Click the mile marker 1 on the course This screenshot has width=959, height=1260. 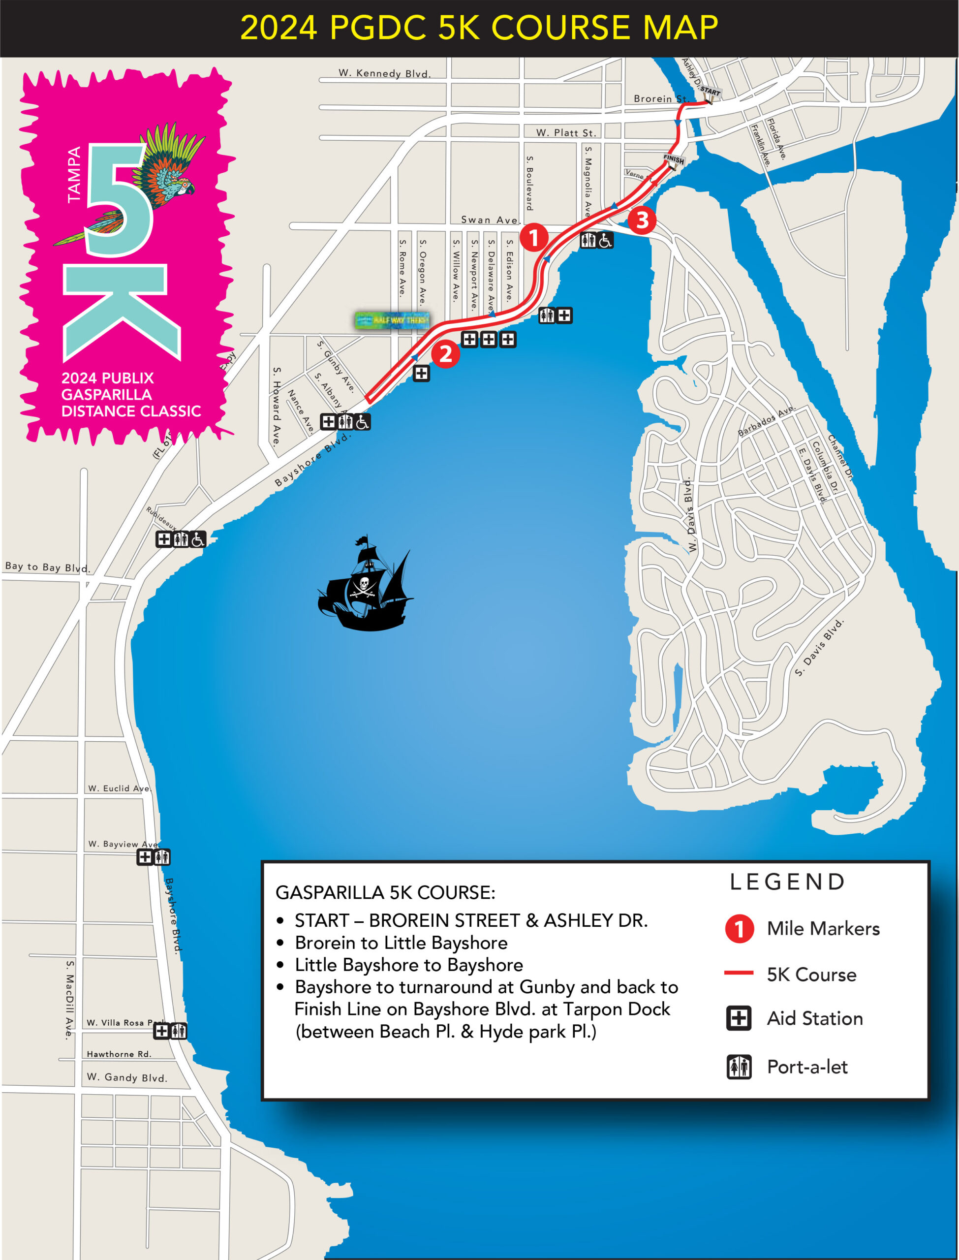coord(534,237)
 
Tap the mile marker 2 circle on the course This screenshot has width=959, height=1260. coord(445,354)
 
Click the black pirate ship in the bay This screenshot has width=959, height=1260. coord(365,588)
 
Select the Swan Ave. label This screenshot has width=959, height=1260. coord(489,220)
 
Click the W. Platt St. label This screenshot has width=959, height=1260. coord(566,133)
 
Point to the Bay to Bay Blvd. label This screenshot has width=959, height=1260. coord(47,567)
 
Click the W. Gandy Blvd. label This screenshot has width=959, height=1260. coord(127,1077)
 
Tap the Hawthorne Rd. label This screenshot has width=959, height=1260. coord(119,1054)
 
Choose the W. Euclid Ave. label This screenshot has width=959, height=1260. coord(119,788)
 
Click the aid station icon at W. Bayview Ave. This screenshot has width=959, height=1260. coord(145,857)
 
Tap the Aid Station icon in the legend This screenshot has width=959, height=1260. coord(739,1018)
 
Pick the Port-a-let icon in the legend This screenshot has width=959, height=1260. coord(739,1067)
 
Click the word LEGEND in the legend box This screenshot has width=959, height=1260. coord(788,882)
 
